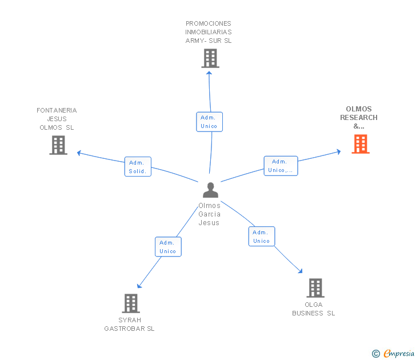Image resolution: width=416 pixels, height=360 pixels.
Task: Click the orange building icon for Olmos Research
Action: click(x=360, y=144)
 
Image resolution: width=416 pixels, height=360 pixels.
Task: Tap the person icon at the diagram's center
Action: click(x=210, y=190)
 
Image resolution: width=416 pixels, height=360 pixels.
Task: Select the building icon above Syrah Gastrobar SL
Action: click(x=131, y=303)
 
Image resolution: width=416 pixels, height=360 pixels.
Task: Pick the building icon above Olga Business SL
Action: click(x=315, y=288)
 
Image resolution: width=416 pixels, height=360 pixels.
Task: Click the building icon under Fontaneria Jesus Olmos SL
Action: click(x=58, y=145)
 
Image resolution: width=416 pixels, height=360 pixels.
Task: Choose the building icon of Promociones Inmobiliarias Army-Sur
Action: click(x=210, y=58)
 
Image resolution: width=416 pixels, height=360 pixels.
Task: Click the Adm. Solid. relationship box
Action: click(x=138, y=166)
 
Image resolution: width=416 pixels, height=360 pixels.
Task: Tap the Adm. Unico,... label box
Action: click(x=280, y=166)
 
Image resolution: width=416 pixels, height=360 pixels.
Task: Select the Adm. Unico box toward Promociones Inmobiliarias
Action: click(x=209, y=122)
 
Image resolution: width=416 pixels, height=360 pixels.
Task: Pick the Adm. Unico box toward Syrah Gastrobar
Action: click(x=168, y=247)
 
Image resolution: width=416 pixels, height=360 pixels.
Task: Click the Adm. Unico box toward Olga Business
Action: click(x=261, y=237)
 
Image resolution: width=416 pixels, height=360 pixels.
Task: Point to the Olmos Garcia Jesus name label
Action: click(x=209, y=214)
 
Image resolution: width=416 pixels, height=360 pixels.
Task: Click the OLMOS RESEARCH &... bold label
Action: click(x=359, y=118)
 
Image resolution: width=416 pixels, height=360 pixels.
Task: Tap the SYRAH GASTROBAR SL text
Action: click(x=130, y=325)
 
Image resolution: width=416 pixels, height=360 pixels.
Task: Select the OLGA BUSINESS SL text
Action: click(x=314, y=309)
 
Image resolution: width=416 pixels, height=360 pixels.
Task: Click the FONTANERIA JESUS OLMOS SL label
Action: click(x=57, y=119)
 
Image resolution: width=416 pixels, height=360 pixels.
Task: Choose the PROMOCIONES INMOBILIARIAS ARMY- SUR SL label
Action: click(x=209, y=32)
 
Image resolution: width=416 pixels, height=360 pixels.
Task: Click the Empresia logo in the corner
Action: click(x=394, y=354)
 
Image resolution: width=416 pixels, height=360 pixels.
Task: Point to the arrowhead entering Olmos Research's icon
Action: click(x=338, y=151)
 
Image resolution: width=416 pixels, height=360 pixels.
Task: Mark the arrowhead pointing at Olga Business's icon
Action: click(x=300, y=271)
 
